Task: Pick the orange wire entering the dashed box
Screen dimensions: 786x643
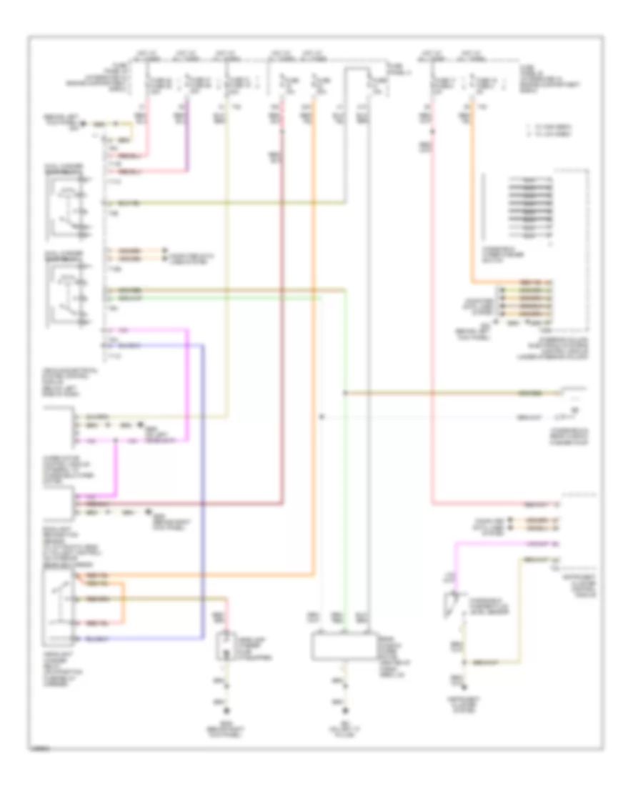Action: (x=471, y=214)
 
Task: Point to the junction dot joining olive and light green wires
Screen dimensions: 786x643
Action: (x=345, y=392)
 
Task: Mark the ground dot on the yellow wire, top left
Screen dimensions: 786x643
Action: (x=86, y=124)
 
